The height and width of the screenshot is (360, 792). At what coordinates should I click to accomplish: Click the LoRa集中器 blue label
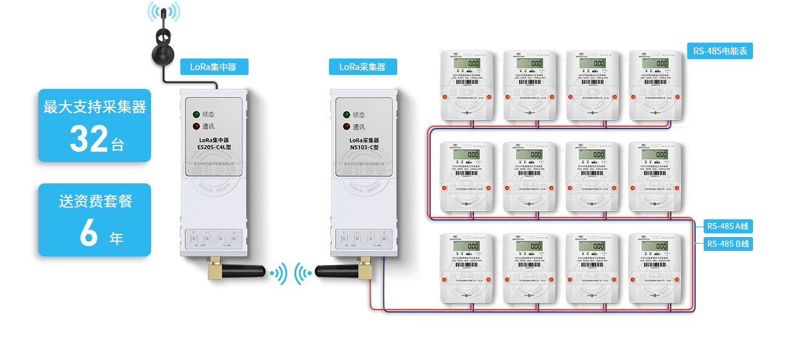213,66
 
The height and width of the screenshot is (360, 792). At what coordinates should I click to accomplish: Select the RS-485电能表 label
720,51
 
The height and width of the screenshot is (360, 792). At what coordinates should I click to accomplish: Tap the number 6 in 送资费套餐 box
89,233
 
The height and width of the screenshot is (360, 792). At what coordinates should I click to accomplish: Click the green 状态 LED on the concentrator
196,115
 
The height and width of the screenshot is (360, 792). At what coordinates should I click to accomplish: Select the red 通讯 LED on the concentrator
196,127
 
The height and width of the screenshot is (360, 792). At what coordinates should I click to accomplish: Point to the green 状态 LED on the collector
347,115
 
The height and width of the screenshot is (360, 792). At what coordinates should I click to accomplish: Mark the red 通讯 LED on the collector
347,127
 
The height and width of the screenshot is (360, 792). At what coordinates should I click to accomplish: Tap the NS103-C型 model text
364,147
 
